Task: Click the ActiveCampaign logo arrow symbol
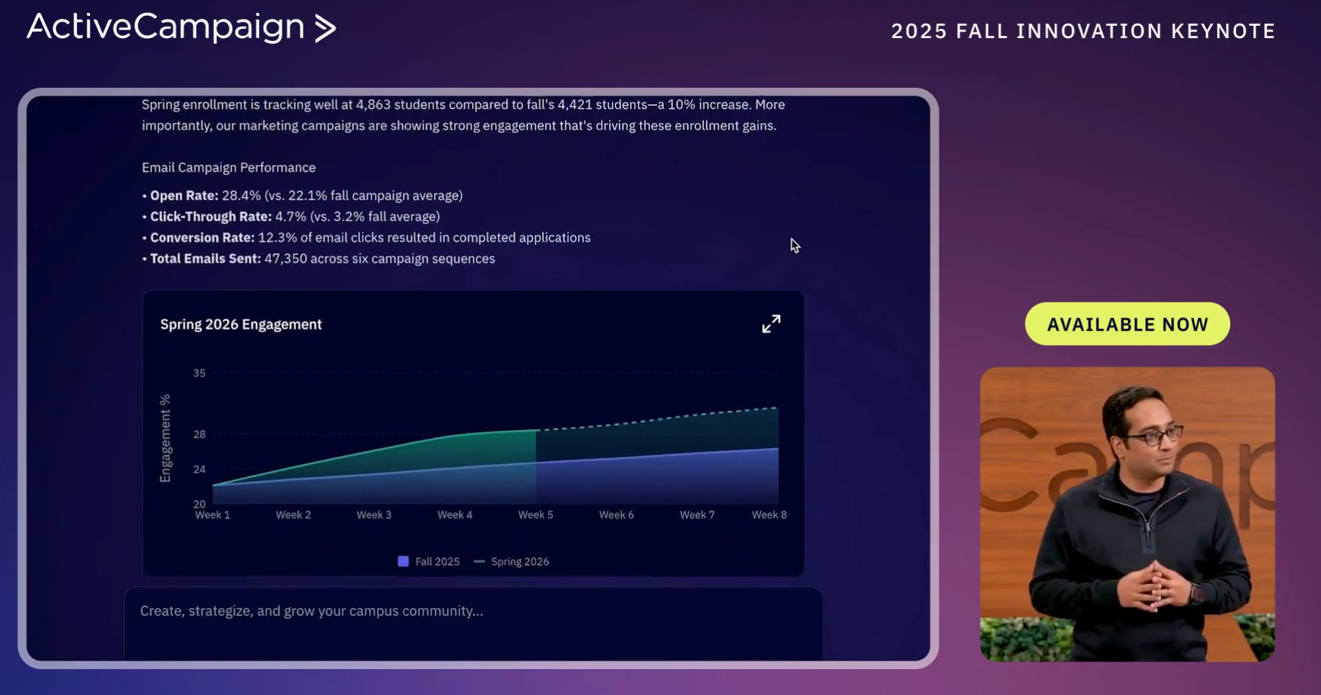click(x=326, y=28)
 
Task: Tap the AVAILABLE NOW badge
click(x=1127, y=324)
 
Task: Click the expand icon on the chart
click(x=771, y=324)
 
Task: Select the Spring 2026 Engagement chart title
click(x=241, y=324)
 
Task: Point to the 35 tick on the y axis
click(x=200, y=373)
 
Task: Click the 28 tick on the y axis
click(x=200, y=434)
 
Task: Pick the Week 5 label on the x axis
click(x=535, y=515)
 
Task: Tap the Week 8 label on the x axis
click(x=769, y=515)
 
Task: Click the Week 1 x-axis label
click(x=213, y=515)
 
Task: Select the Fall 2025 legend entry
click(x=429, y=562)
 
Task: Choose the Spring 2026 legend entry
click(x=512, y=562)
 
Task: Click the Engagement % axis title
click(x=166, y=438)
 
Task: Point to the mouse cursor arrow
click(x=794, y=246)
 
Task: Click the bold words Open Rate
click(x=184, y=195)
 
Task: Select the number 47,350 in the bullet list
click(x=285, y=259)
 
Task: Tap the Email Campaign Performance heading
click(x=228, y=167)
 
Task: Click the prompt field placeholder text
click(x=311, y=611)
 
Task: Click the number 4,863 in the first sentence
click(x=373, y=104)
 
